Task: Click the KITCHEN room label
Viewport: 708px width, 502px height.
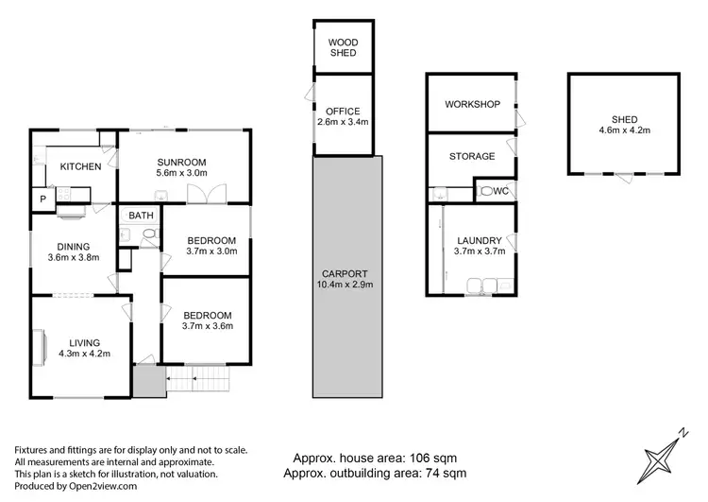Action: pyautogui.click(x=80, y=166)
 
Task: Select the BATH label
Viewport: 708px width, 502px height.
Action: pyautogui.click(x=142, y=216)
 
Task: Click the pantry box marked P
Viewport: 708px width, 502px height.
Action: pyautogui.click(x=42, y=199)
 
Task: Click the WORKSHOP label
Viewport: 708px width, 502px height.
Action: pyautogui.click(x=473, y=104)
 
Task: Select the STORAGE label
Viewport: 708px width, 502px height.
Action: pyautogui.click(x=472, y=157)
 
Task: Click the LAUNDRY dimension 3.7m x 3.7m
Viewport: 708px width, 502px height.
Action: pyautogui.click(x=480, y=251)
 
